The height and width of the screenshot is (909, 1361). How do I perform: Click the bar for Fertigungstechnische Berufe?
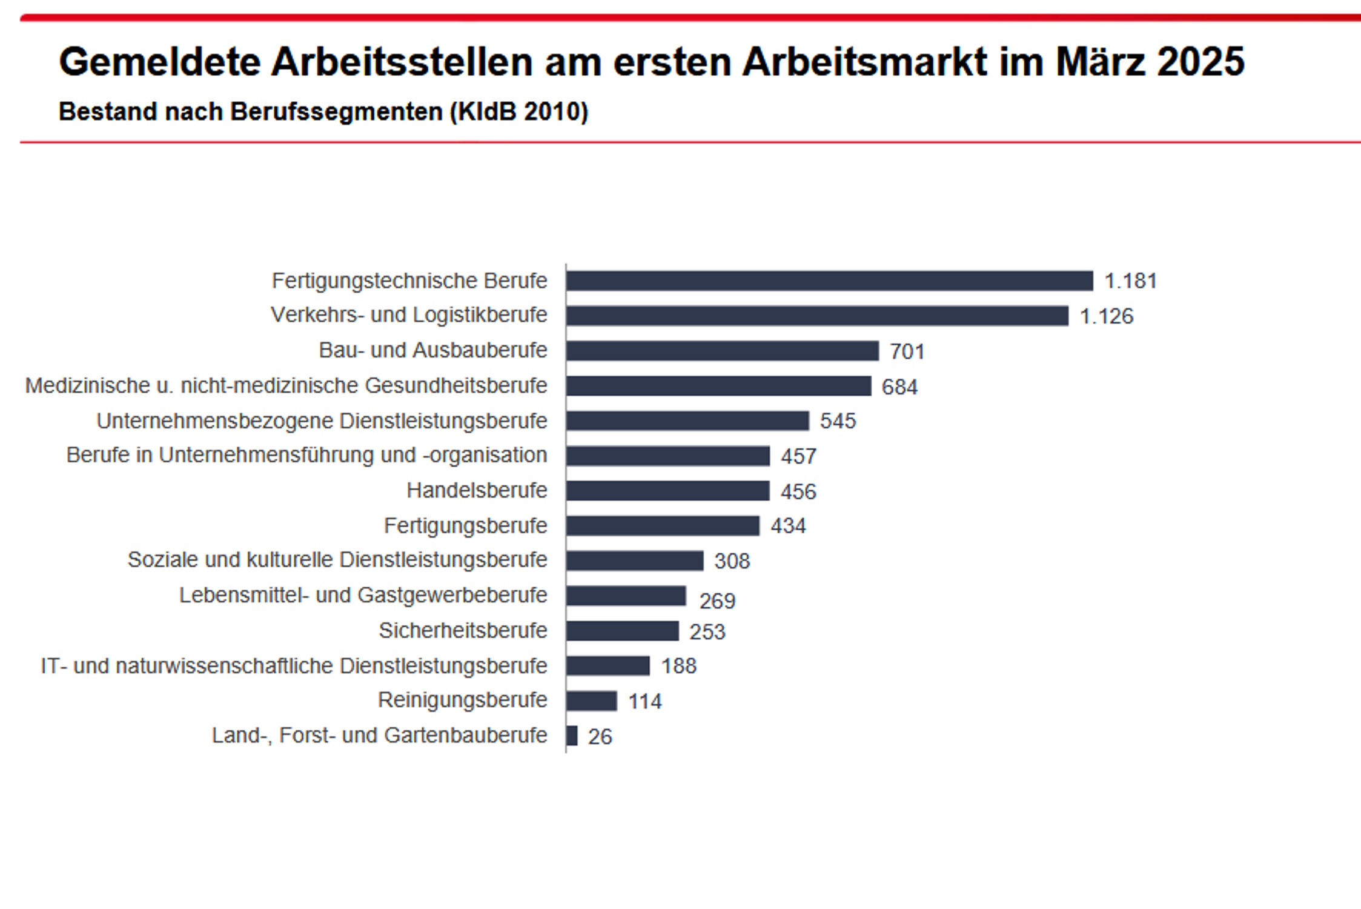click(830, 281)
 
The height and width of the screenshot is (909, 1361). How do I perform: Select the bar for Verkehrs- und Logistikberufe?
click(817, 316)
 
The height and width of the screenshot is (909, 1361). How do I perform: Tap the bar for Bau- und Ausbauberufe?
click(722, 351)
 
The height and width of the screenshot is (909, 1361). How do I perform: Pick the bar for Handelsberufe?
click(667, 490)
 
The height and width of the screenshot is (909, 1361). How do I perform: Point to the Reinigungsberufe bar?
click(591, 701)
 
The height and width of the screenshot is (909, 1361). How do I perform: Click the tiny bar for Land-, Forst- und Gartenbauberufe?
click(572, 736)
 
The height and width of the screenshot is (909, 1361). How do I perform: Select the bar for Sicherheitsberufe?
click(622, 631)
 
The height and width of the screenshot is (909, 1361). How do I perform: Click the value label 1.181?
click(1130, 281)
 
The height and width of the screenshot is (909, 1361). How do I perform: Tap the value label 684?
click(899, 387)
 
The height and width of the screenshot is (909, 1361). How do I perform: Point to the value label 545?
click(838, 421)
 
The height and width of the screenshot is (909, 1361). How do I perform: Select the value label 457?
click(798, 456)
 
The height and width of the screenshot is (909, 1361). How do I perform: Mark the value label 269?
click(717, 601)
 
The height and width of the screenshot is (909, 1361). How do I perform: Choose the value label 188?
click(678, 666)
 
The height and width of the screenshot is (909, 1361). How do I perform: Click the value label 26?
click(600, 737)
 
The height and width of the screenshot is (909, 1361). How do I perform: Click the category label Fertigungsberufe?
click(465, 525)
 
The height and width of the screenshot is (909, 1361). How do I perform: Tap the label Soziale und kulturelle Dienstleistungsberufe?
click(337, 560)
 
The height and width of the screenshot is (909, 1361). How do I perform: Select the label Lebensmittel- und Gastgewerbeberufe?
click(363, 595)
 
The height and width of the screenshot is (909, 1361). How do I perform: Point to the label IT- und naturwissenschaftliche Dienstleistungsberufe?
click(294, 666)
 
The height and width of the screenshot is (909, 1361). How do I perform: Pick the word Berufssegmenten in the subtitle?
click(336, 112)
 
